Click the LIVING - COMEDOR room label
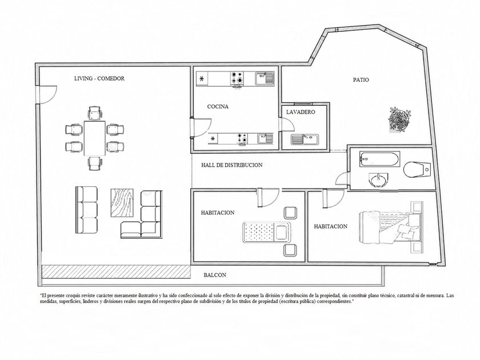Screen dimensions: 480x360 pyautogui.click(x=99, y=78)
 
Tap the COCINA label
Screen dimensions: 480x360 pyautogui.click(x=218, y=106)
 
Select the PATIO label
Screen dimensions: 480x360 pyautogui.click(x=361, y=80)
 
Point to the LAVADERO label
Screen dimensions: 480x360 pyautogui.click(x=301, y=112)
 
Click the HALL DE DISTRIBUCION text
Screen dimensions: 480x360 pyautogui.click(x=232, y=165)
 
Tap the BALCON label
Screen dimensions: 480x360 pyautogui.click(x=215, y=275)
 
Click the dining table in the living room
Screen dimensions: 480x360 pyautogui.click(x=95, y=138)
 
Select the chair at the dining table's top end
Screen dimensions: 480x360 pyautogui.click(x=95, y=113)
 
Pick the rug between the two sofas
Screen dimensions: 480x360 pyautogui.click(x=122, y=203)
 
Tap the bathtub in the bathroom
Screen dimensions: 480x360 pyautogui.click(x=379, y=159)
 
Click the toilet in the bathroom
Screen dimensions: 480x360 pyautogui.click(x=417, y=170)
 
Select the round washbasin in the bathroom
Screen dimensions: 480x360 pyautogui.click(x=378, y=179)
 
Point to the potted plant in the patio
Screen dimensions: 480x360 pyautogui.click(x=399, y=119)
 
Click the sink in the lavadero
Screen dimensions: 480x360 pyautogui.click(x=305, y=139)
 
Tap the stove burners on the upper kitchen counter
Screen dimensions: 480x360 pyautogui.click(x=238, y=78)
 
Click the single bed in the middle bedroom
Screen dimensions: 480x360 pyautogui.click(x=266, y=233)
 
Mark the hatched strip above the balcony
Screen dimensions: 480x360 pyautogui.click(x=116, y=272)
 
